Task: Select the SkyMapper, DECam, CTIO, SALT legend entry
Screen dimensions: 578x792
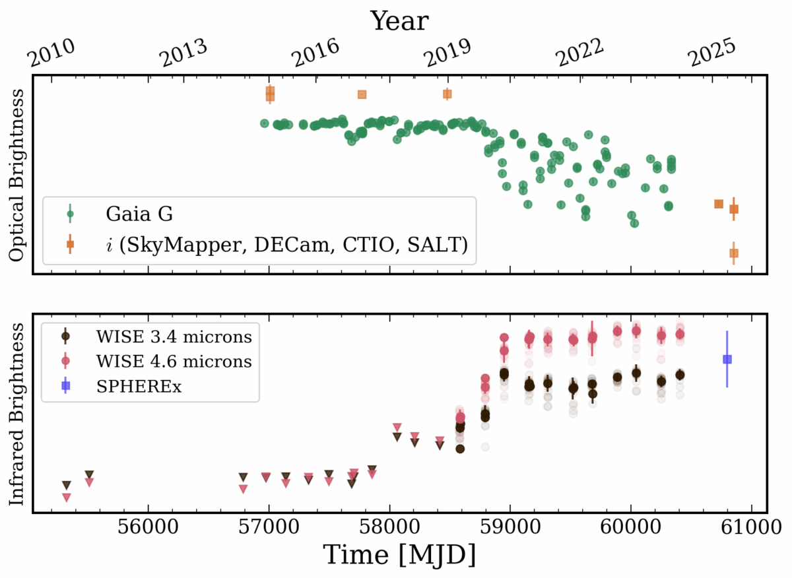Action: click(x=286, y=245)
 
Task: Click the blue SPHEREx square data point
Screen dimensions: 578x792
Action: click(x=727, y=359)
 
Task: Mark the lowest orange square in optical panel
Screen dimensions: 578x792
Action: click(x=733, y=253)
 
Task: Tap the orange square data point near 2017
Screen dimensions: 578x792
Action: click(x=362, y=94)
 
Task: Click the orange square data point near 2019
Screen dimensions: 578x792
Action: click(x=447, y=94)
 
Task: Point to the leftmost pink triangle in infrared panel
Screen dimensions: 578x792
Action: click(x=66, y=497)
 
